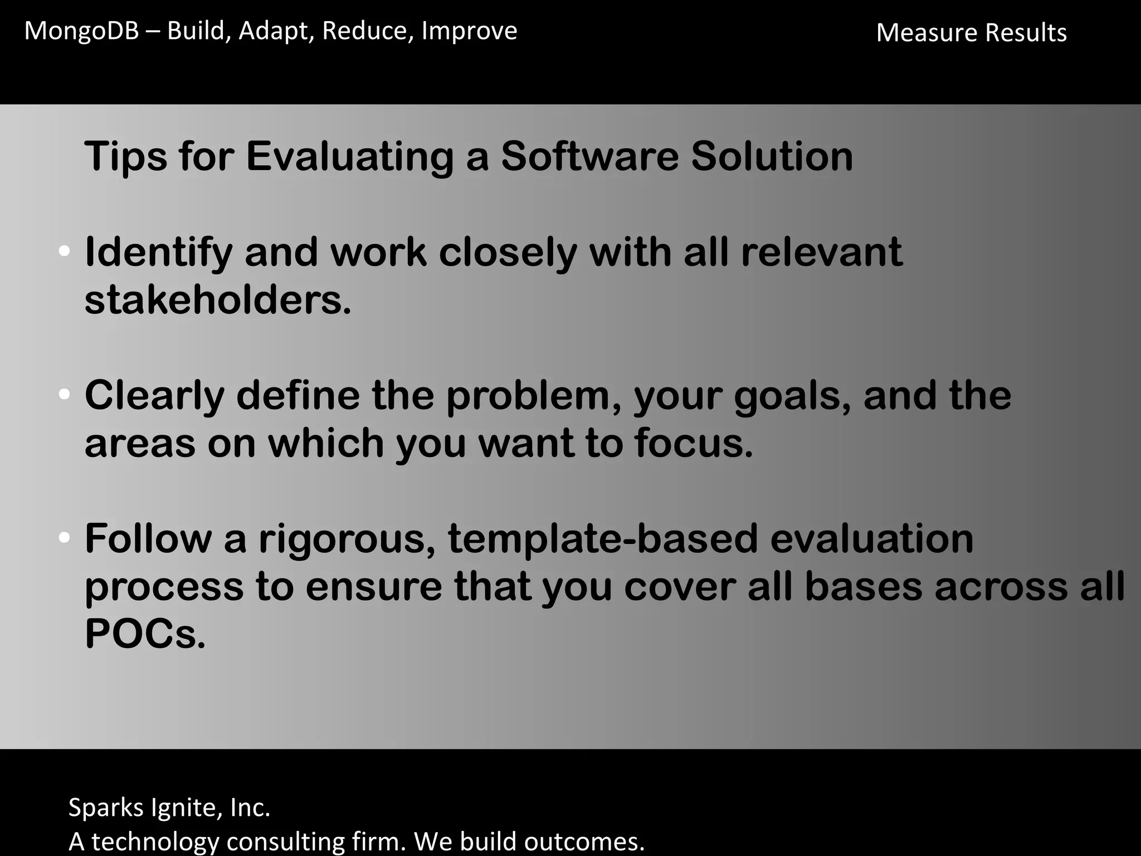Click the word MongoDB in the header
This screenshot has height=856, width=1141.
[x=81, y=31]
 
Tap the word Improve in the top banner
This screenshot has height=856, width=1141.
[x=469, y=31]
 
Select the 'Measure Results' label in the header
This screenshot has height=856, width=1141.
[x=971, y=33]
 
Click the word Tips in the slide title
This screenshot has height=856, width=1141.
[x=125, y=156]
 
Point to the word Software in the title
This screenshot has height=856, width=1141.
[x=589, y=156]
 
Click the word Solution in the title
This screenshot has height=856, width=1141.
[x=772, y=156]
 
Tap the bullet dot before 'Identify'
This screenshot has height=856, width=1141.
[x=64, y=251]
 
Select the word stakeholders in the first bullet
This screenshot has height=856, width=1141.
[x=217, y=300]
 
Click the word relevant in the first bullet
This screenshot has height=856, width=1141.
[x=821, y=252]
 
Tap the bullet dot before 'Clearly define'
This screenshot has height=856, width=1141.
[x=64, y=395]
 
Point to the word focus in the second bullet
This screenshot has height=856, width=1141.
[x=693, y=444]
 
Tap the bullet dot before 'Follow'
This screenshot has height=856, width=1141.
[x=64, y=538]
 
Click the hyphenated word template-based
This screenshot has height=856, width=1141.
[x=603, y=539]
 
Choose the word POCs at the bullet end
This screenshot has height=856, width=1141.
[x=145, y=634]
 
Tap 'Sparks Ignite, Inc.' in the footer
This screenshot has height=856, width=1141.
[x=169, y=807]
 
